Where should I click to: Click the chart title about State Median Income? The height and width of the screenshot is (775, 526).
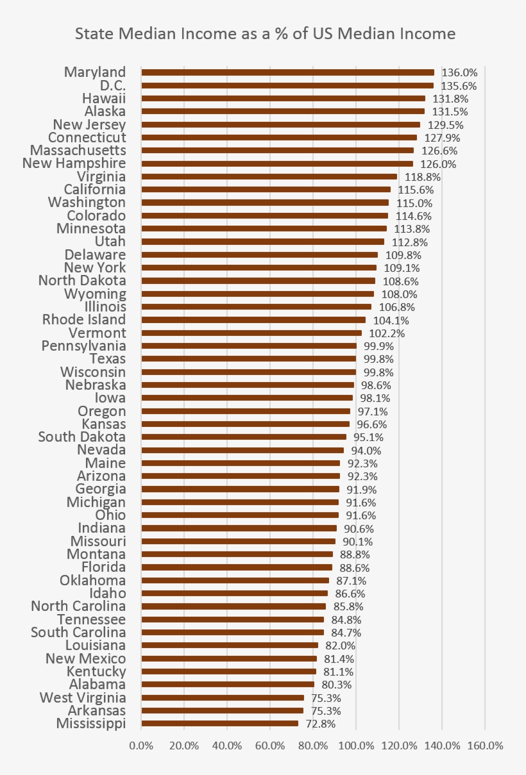pos(265,34)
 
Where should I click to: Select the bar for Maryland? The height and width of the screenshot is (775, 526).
pos(287,72)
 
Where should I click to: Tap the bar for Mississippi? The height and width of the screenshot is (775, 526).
pos(219,723)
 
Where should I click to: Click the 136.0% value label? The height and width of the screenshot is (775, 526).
pos(459,72)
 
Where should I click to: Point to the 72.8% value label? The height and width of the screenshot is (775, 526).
pos(321,724)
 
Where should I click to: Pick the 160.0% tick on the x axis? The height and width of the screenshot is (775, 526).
pos(485,746)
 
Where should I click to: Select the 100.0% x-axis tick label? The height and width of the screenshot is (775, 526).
pos(356,746)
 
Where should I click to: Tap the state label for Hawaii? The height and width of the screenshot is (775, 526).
pos(104,98)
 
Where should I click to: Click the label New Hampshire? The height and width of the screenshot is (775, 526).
pos(74,163)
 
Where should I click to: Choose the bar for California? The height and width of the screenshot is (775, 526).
pos(266,190)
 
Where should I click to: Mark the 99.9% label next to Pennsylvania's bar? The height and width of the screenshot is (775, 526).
pos(378,346)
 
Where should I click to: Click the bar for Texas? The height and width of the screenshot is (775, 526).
pos(248,359)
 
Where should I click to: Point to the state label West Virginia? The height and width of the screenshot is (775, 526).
pos(83,697)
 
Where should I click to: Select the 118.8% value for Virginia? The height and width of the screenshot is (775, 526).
pos(420,177)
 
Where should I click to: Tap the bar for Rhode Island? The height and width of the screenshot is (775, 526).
pos(253,320)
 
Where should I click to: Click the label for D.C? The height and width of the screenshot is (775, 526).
pos(112,85)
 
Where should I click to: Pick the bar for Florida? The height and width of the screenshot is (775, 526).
pos(236,567)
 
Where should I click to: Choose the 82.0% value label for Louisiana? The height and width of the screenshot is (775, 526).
pos(340,646)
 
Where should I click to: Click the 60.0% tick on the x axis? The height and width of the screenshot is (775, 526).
pos(270,746)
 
